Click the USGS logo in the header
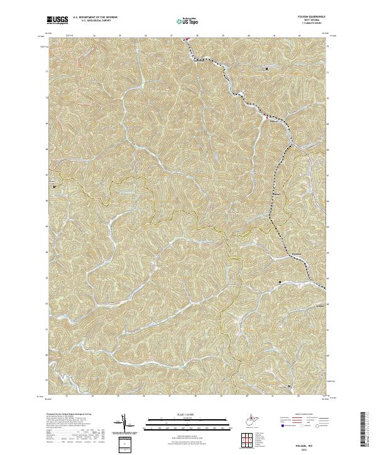click(57, 20)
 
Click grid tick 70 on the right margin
click(329, 98)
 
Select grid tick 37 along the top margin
click(172, 36)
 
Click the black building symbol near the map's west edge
click(55, 186)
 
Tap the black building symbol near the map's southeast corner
click(289, 385)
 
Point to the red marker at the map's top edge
click(186, 40)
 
